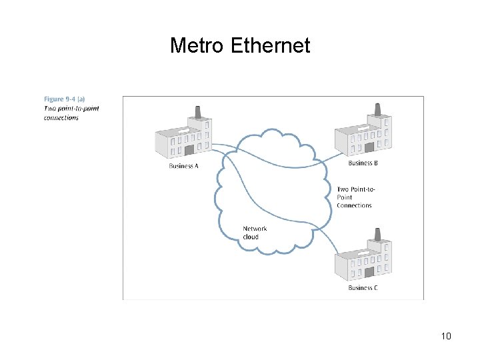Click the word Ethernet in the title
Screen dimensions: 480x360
click(x=270, y=46)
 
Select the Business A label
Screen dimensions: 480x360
click(x=183, y=166)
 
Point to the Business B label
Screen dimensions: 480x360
click(x=363, y=163)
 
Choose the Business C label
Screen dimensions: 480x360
click(x=363, y=288)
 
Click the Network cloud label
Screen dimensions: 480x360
click(x=255, y=229)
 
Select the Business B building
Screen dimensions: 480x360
click(x=363, y=133)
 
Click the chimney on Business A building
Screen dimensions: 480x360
click(x=197, y=111)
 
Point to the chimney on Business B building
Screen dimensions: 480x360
click(x=377, y=109)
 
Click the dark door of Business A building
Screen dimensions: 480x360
click(x=189, y=150)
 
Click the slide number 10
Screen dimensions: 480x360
click(x=446, y=336)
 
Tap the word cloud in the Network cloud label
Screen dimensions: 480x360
click(x=251, y=237)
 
